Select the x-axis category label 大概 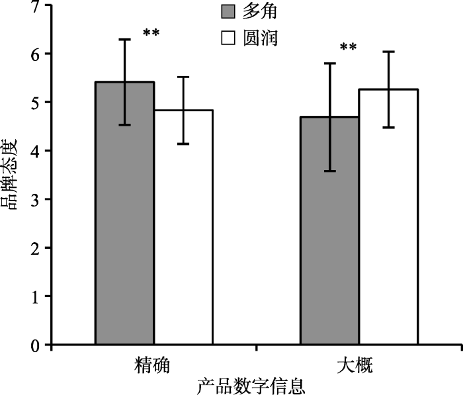pyautogui.click(x=359, y=366)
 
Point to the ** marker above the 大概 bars pyautogui.click(x=349, y=48)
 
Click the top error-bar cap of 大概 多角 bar pyautogui.click(x=329, y=64)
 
